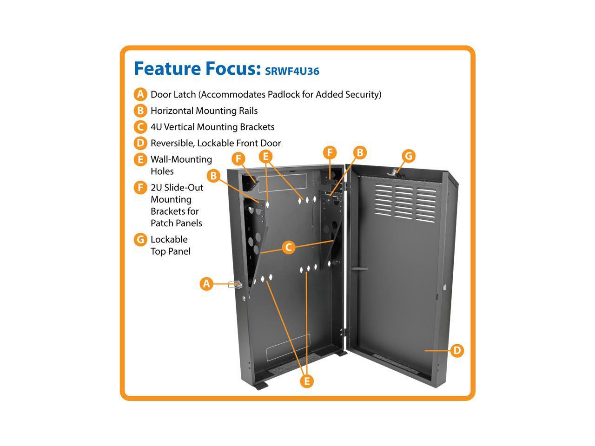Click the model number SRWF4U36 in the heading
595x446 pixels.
[292, 71]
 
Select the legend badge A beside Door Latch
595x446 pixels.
[140, 94]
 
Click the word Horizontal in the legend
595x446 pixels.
[172, 111]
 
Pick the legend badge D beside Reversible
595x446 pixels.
[140, 143]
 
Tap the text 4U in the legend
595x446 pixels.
[156, 127]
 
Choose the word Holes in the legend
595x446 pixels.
[162, 171]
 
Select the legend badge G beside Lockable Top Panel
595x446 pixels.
[140, 239]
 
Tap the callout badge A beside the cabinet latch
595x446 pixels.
[206, 283]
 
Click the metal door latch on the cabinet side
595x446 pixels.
[235, 285]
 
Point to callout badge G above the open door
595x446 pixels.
[409, 156]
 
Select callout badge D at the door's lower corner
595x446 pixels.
[457, 350]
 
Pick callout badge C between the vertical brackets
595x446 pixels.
[289, 247]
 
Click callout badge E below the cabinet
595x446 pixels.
[306, 381]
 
